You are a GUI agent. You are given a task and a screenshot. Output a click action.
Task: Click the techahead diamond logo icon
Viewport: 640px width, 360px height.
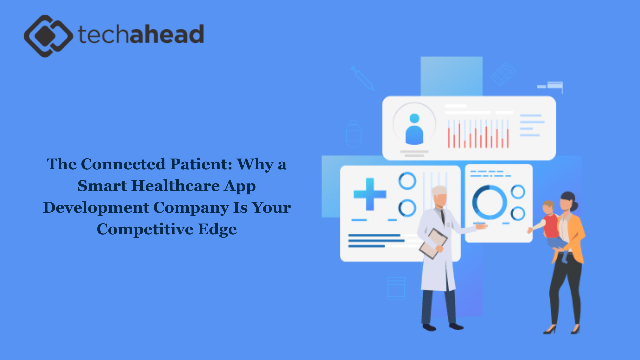pos(48,36)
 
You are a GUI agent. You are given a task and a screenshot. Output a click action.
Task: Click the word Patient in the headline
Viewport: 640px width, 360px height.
pos(201,164)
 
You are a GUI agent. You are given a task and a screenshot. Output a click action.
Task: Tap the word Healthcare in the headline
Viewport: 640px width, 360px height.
pos(175,186)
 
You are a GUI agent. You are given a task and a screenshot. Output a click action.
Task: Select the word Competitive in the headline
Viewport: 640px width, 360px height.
pos(145,229)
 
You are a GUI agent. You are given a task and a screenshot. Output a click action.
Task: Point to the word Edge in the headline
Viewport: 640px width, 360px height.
pos(217,229)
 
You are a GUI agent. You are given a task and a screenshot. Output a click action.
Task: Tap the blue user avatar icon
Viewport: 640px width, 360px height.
pos(414,129)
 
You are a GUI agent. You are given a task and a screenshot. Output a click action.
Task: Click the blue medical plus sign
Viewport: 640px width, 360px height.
pos(370,194)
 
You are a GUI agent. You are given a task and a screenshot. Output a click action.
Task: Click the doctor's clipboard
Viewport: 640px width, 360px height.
pos(433,244)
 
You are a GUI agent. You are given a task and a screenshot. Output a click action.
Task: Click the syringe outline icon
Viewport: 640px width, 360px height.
pos(362,78)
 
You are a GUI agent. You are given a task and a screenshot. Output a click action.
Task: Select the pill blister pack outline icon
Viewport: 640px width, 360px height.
pos(503,74)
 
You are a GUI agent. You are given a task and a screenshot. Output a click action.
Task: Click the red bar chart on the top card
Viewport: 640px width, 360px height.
pos(478,134)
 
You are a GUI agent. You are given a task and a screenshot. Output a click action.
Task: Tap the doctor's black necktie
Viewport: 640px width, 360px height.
pos(443,216)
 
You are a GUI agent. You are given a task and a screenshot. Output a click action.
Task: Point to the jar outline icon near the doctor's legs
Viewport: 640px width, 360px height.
pos(396,288)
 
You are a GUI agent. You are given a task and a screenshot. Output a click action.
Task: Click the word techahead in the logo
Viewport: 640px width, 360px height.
pos(141,34)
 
